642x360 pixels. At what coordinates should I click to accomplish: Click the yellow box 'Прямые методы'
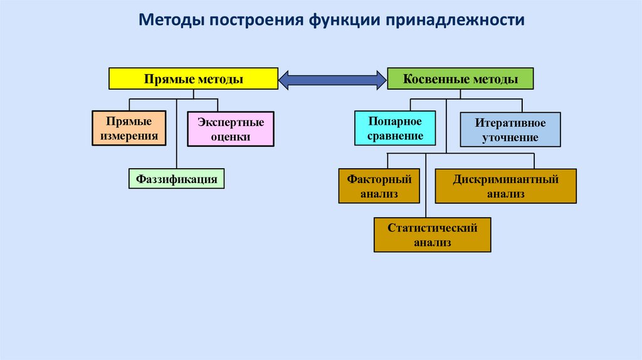tap(193, 78)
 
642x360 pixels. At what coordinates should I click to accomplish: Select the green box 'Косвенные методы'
tap(460, 78)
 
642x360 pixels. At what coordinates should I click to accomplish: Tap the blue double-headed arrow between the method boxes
tap(332, 80)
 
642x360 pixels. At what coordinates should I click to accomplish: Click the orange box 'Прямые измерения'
tap(129, 128)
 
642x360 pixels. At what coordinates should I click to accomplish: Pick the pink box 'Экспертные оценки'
tap(231, 129)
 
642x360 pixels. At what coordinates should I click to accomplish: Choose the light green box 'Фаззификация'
tap(176, 179)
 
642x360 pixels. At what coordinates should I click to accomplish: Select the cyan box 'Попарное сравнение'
tap(395, 128)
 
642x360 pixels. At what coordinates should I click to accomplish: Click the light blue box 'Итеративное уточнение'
tap(510, 129)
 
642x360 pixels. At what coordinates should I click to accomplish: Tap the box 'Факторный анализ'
tap(379, 186)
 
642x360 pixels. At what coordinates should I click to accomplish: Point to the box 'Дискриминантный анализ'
tap(506, 186)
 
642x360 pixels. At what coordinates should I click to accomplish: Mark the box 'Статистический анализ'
tap(433, 235)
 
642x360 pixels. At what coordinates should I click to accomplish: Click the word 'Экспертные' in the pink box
tap(231, 122)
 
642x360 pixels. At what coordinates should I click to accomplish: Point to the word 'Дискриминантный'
tap(506, 179)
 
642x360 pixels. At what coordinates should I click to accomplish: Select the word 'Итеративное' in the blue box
tap(510, 123)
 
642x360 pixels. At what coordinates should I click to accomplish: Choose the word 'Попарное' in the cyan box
tap(395, 121)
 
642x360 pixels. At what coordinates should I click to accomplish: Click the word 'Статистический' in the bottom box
tap(433, 228)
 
